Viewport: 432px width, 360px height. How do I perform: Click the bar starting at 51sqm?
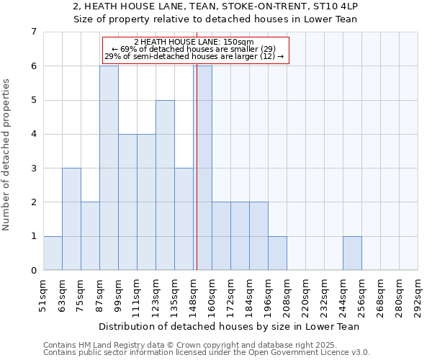[x=53, y=253]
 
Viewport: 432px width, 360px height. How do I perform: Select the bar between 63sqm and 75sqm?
[x=71, y=219]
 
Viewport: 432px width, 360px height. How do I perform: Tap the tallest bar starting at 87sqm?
[x=109, y=168]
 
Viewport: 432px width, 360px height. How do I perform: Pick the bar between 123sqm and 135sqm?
[x=165, y=185]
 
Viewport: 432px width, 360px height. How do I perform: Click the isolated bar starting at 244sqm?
[x=352, y=253]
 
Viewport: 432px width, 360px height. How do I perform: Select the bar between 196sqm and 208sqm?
[x=277, y=253]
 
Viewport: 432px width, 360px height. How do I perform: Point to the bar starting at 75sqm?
[x=90, y=236]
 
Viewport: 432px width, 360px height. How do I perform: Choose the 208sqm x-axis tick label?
[x=287, y=296]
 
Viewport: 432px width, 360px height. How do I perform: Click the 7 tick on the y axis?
[x=33, y=32]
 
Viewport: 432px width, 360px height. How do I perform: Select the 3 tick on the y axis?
[x=33, y=168]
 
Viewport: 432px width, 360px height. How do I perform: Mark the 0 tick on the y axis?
[x=33, y=271]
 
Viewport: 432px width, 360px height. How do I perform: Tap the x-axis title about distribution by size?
[x=230, y=326]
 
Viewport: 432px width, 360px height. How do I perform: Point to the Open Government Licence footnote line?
[x=207, y=353]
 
